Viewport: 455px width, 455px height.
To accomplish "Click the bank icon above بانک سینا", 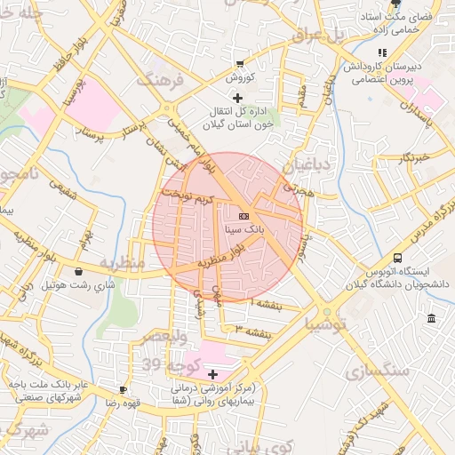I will coord(244,216).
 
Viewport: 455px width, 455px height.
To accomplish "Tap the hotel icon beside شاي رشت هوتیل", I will coord(79,272).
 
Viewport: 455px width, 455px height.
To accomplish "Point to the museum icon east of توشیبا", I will coord(431,318).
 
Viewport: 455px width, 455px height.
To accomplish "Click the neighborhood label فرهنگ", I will coord(158,81).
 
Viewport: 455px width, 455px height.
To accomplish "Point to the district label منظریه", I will coord(121,264).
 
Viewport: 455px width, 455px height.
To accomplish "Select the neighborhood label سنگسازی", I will coord(379,368).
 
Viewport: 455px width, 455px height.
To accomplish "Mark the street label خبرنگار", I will coord(413,156).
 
